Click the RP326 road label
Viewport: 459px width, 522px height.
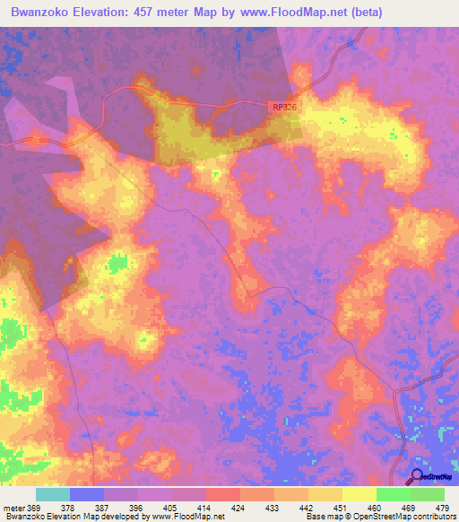284,107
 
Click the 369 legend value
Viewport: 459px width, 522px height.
34,507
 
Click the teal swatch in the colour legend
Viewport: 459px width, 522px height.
53,494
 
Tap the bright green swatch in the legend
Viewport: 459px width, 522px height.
394,494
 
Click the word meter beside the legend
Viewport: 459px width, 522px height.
13,507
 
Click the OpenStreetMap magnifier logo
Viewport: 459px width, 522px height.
417,476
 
